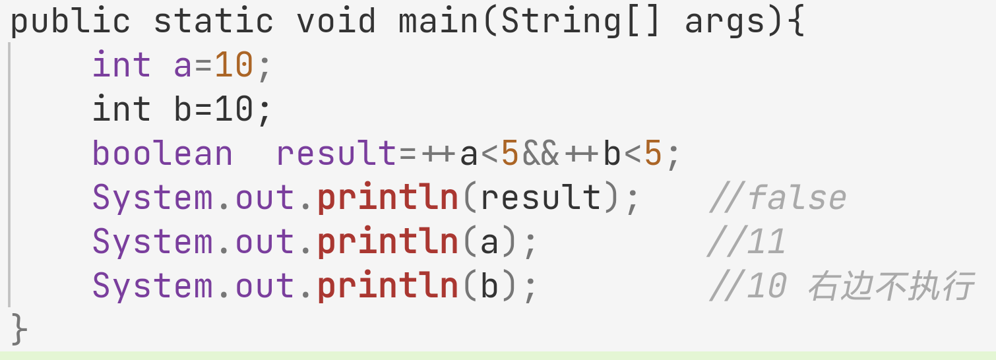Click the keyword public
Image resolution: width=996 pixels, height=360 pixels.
click(70, 21)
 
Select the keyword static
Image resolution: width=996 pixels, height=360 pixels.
click(213, 21)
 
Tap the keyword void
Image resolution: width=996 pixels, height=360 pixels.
click(336, 21)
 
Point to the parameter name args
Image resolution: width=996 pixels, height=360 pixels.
click(725, 21)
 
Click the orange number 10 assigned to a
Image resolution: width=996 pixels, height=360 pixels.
click(234, 65)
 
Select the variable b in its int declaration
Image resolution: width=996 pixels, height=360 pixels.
click(183, 109)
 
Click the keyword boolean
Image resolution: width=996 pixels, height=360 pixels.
click(162, 154)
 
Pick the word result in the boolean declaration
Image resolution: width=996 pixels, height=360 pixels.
click(336, 154)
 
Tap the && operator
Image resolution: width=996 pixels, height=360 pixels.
click(540, 154)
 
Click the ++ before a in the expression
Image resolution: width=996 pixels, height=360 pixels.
click(438, 154)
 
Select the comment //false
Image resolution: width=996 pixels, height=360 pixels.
click(777, 198)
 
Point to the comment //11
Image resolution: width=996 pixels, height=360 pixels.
click(746, 242)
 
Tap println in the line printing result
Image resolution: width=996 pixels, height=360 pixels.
click(387, 198)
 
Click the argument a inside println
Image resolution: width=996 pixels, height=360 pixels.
click(489, 242)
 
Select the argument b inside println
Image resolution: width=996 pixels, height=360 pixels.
click(489, 286)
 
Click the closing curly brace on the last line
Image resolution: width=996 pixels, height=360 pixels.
click(19, 328)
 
